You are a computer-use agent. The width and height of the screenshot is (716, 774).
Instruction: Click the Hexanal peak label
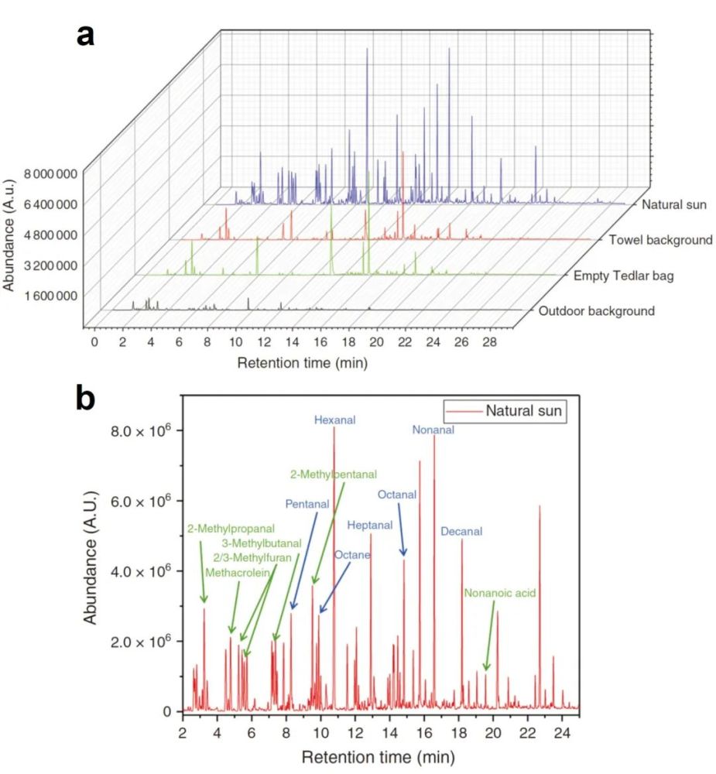click(x=334, y=420)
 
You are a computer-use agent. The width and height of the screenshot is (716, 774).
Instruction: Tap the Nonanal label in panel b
click(x=433, y=430)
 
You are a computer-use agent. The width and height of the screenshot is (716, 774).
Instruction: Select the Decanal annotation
click(x=461, y=532)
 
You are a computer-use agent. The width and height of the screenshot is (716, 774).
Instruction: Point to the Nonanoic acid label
click(x=500, y=594)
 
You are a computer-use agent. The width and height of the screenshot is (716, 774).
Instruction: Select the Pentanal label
click(x=307, y=504)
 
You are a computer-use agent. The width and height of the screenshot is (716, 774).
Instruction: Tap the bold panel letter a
click(x=86, y=35)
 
